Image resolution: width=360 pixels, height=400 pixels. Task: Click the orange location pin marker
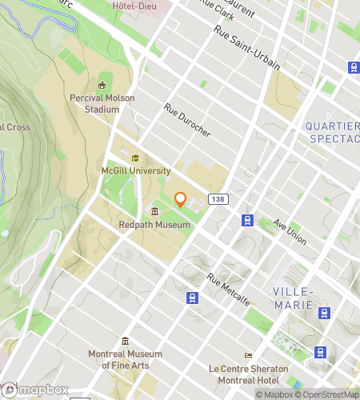180,200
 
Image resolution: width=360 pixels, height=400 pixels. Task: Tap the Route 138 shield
216,198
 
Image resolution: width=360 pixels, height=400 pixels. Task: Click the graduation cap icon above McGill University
135,158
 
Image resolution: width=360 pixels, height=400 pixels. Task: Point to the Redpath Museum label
154,225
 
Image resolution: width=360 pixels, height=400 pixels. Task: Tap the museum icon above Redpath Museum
154,212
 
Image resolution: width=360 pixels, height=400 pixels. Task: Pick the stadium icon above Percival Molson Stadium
102,85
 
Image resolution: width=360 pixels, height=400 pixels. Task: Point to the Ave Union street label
290,231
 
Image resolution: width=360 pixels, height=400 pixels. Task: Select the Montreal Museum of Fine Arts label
126,359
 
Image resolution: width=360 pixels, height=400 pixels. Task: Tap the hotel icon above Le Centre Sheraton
248,355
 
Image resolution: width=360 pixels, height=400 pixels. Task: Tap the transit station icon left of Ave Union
248,220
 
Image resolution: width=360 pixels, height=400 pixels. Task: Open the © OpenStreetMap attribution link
328,394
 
